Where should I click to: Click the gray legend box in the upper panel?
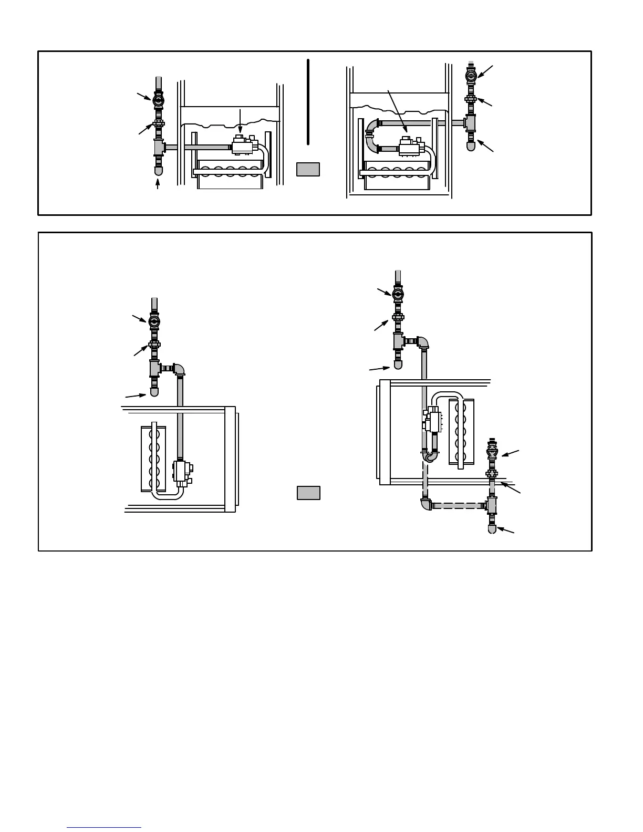pos(308,169)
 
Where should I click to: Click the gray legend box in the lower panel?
pos(308,493)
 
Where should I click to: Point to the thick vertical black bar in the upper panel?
pos(308,102)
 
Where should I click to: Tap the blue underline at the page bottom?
pos(104,827)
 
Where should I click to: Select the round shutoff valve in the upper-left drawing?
pos(158,99)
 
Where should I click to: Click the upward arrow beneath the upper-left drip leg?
pos(158,184)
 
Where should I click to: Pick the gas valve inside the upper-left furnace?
pos(243,145)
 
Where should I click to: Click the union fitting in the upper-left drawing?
pos(158,124)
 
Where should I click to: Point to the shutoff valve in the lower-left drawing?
pos(154,321)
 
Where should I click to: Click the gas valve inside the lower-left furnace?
pos(182,471)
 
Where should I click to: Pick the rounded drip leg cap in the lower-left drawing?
pos(154,392)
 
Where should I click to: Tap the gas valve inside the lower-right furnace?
pos(434,421)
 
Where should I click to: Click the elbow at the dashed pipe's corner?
pos(426,504)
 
